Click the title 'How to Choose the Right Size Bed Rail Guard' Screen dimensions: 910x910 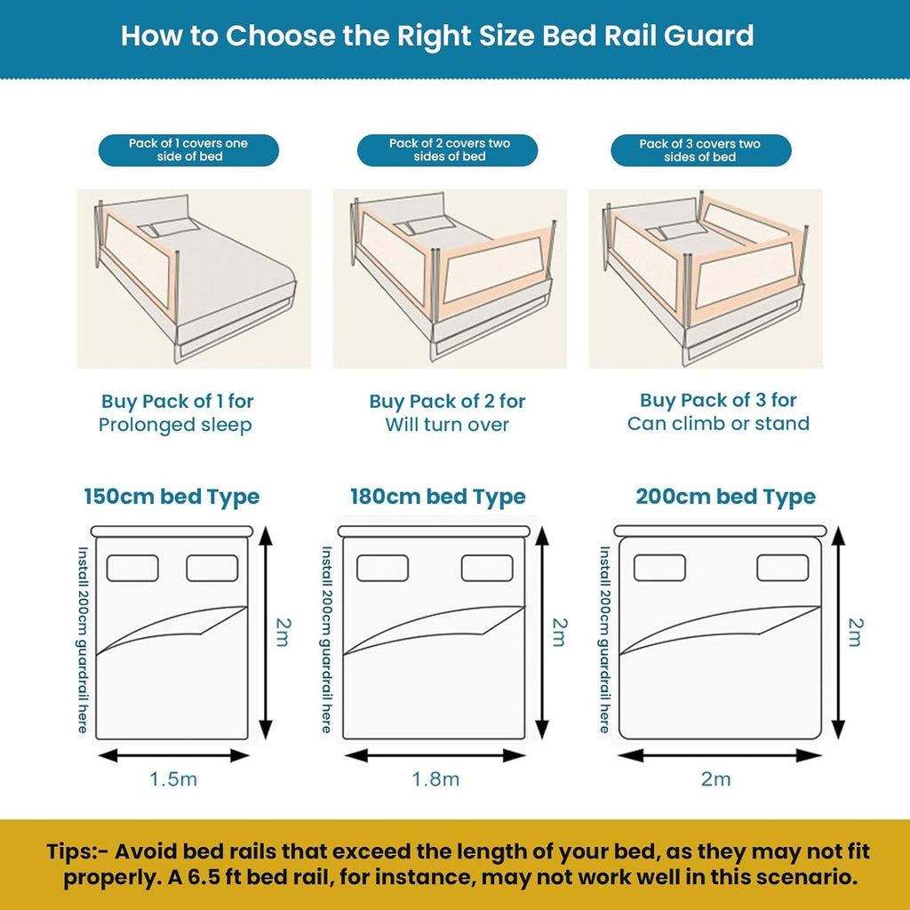pyautogui.click(x=437, y=36)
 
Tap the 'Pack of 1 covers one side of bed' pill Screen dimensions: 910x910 pyautogui.click(x=188, y=149)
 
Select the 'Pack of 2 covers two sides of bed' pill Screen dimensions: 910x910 pyautogui.click(x=449, y=149)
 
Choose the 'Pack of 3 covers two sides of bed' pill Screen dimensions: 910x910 pyautogui.click(x=700, y=149)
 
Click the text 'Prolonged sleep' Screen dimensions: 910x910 pyautogui.click(x=175, y=425)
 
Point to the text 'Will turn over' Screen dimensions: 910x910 pyautogui.click(x=447, y=425)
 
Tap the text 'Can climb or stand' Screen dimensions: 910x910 pyautogui.click(x=718, y=423)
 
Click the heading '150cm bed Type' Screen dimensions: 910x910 pyautogui.click(x=172, y=496)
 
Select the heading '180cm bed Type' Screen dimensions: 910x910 pyautogui.click(x=437, y=496)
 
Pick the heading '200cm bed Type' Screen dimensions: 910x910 pyautogui.click(x=725, y=496)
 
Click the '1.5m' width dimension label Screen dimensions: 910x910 pyautogui.click(x=173, y=779)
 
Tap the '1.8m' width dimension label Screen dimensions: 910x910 pyautogui.click(x=435, y=779)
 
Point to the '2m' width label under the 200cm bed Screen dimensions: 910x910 pyautogui.click(x=715, y=779)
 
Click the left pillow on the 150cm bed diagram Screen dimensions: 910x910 pyautogui.click(x=132, y=568)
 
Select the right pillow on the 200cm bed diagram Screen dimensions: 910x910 pyautogui.click(x=782, y=568)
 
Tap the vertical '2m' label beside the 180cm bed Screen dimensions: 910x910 pyautogui.click(x=558, y=632)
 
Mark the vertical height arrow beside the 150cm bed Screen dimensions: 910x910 pyautogui.click(x=264, y=632)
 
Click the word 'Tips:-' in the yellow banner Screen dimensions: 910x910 pyautogui.click(x=77, y=851)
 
